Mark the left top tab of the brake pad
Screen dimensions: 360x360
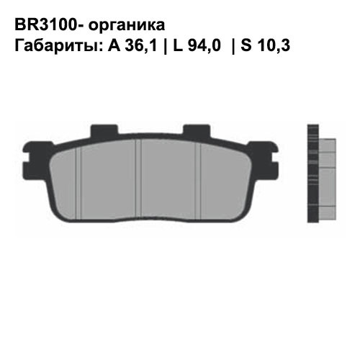[x=102, y=132]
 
